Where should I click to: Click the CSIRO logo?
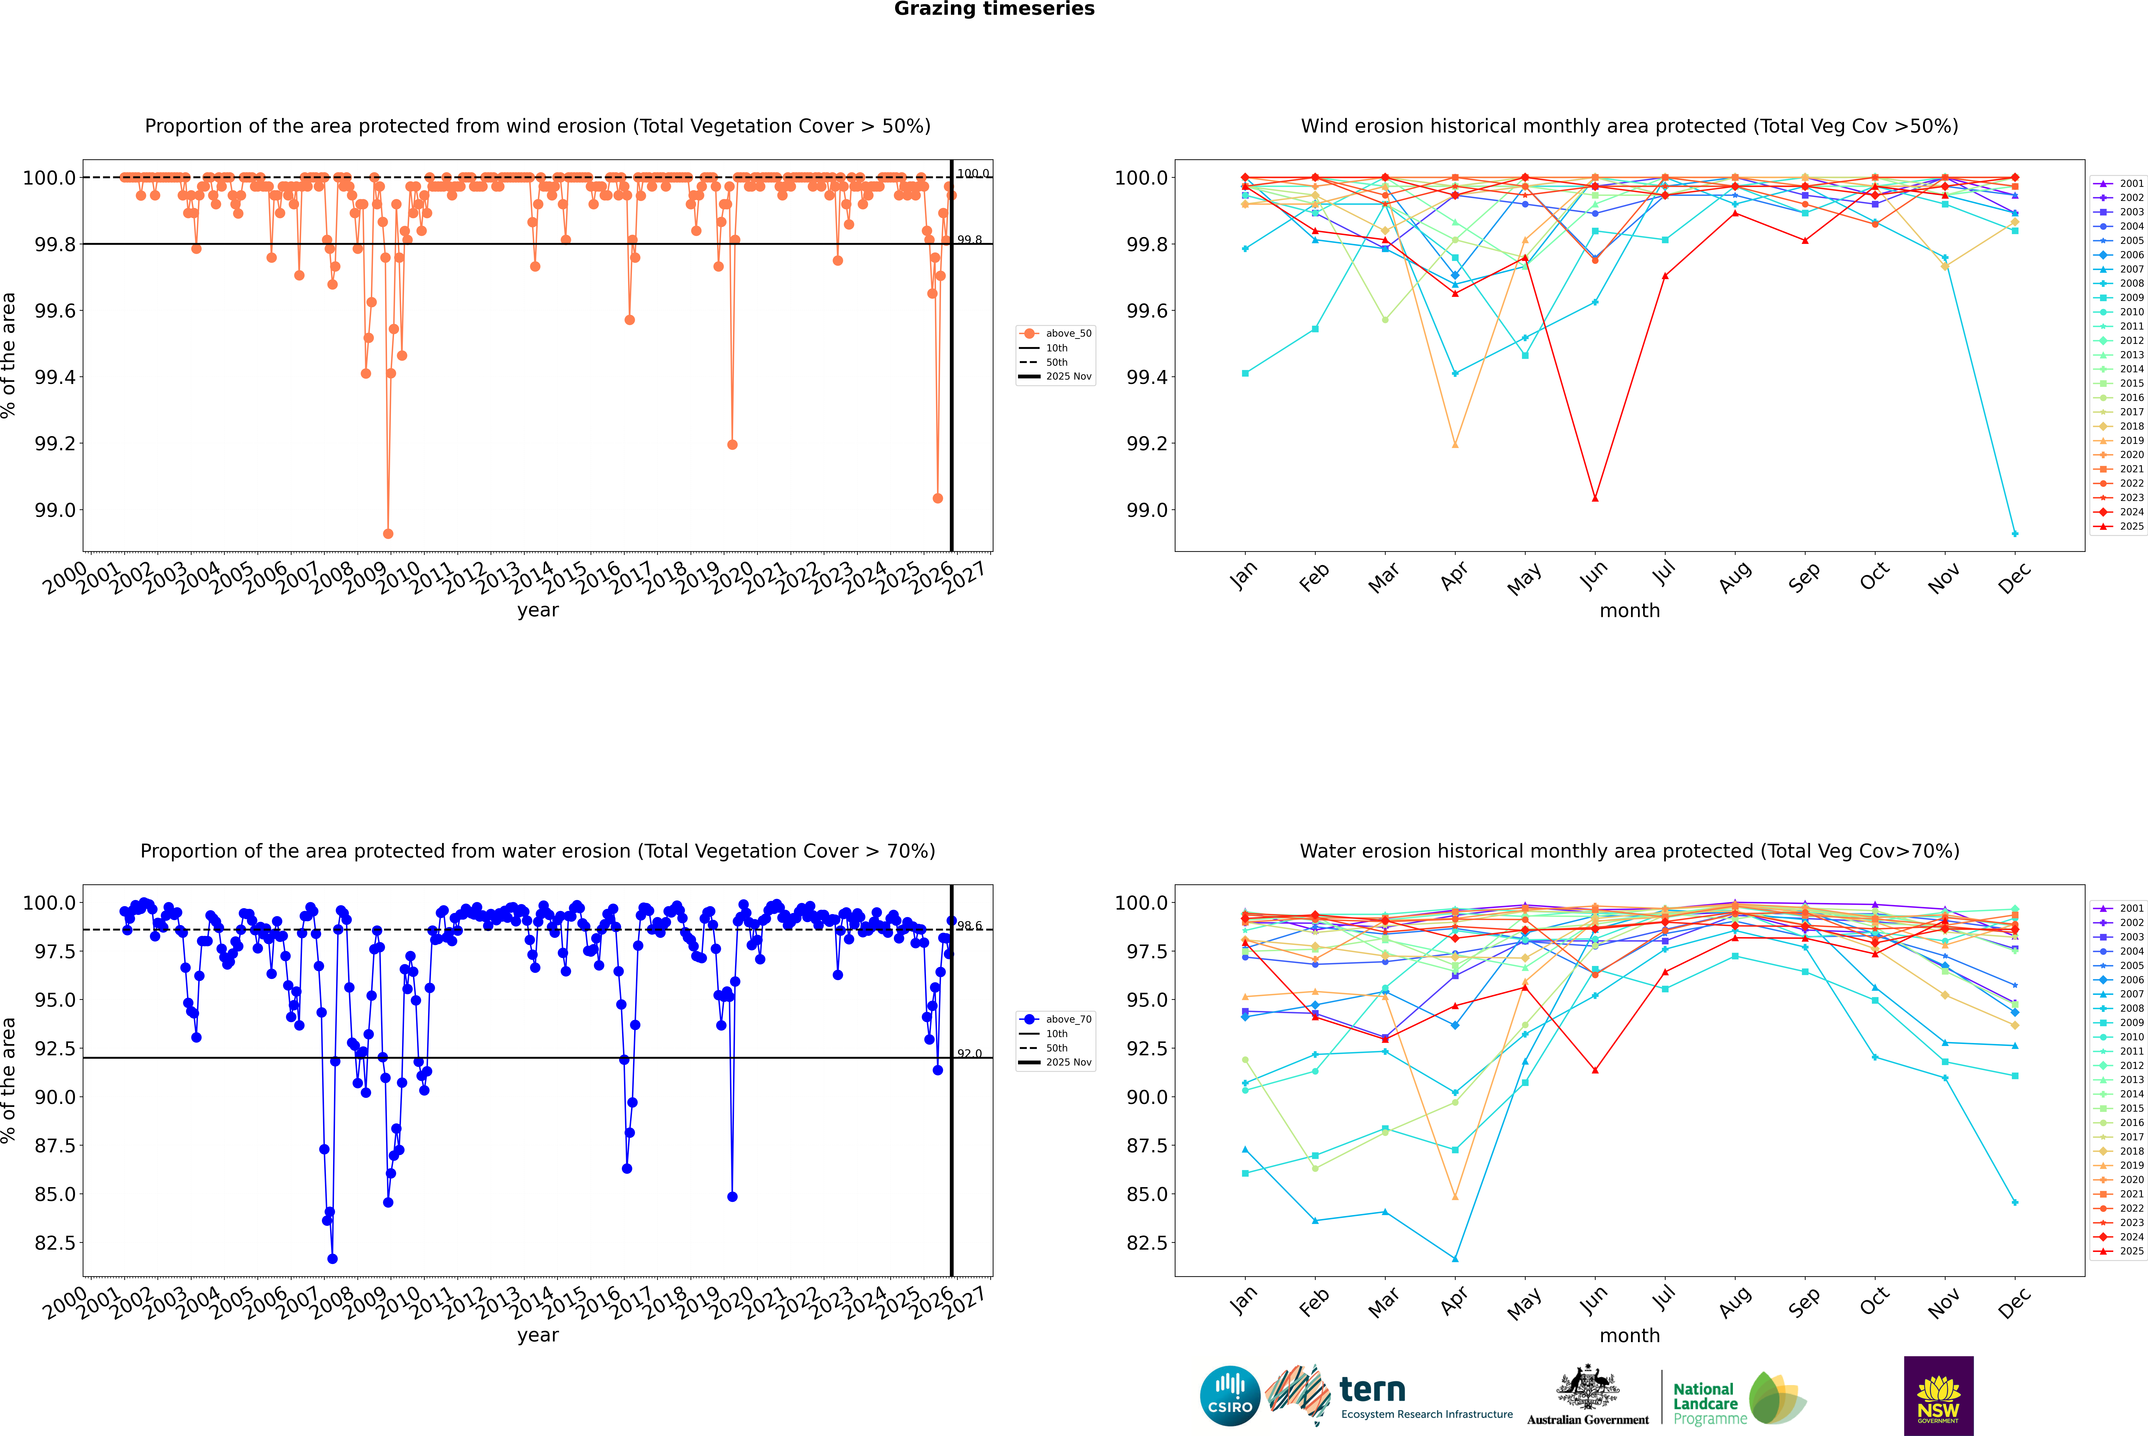coord(1230,1396)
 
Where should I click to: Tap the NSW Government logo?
coord(1938,1396)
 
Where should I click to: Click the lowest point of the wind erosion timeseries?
coord(388,533)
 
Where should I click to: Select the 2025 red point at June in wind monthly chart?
coord(1595,498)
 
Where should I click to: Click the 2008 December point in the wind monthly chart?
coord(2014,533)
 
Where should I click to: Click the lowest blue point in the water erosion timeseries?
coord(332,1258)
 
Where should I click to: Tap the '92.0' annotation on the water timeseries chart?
coord(970,1053)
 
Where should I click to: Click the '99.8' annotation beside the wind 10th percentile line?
coord(970,240)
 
